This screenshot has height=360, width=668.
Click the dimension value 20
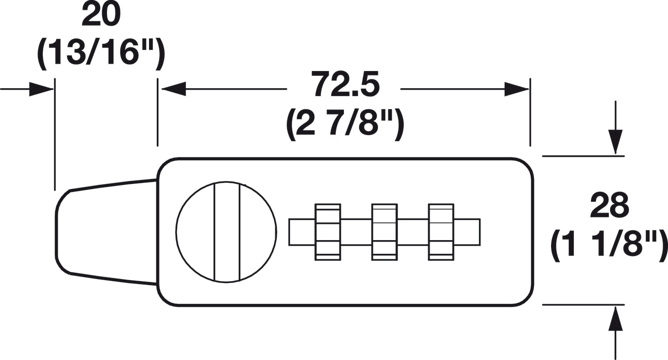[x=101, y=16]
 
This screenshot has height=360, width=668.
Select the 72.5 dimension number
[x=345, y=85]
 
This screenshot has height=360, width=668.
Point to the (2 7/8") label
[x=345, y=125]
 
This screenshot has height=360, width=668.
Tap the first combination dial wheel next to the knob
[x=328, y=232]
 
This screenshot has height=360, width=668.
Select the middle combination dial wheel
[x=384, y=232]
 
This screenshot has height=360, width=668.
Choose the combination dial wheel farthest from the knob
[x=441, y=232]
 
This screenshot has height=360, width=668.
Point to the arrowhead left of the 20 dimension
[x=41, y=89]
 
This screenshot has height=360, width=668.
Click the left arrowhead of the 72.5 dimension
[x=173, y=89]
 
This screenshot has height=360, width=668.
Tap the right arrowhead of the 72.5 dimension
[x=516, y=89]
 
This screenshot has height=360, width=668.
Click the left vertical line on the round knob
[x=215, y=232]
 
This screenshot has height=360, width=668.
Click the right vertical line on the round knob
[x=239, y=232]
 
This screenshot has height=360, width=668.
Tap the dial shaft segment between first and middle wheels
[x=356, y=232]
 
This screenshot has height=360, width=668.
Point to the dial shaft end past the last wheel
[x=467, y=232]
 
